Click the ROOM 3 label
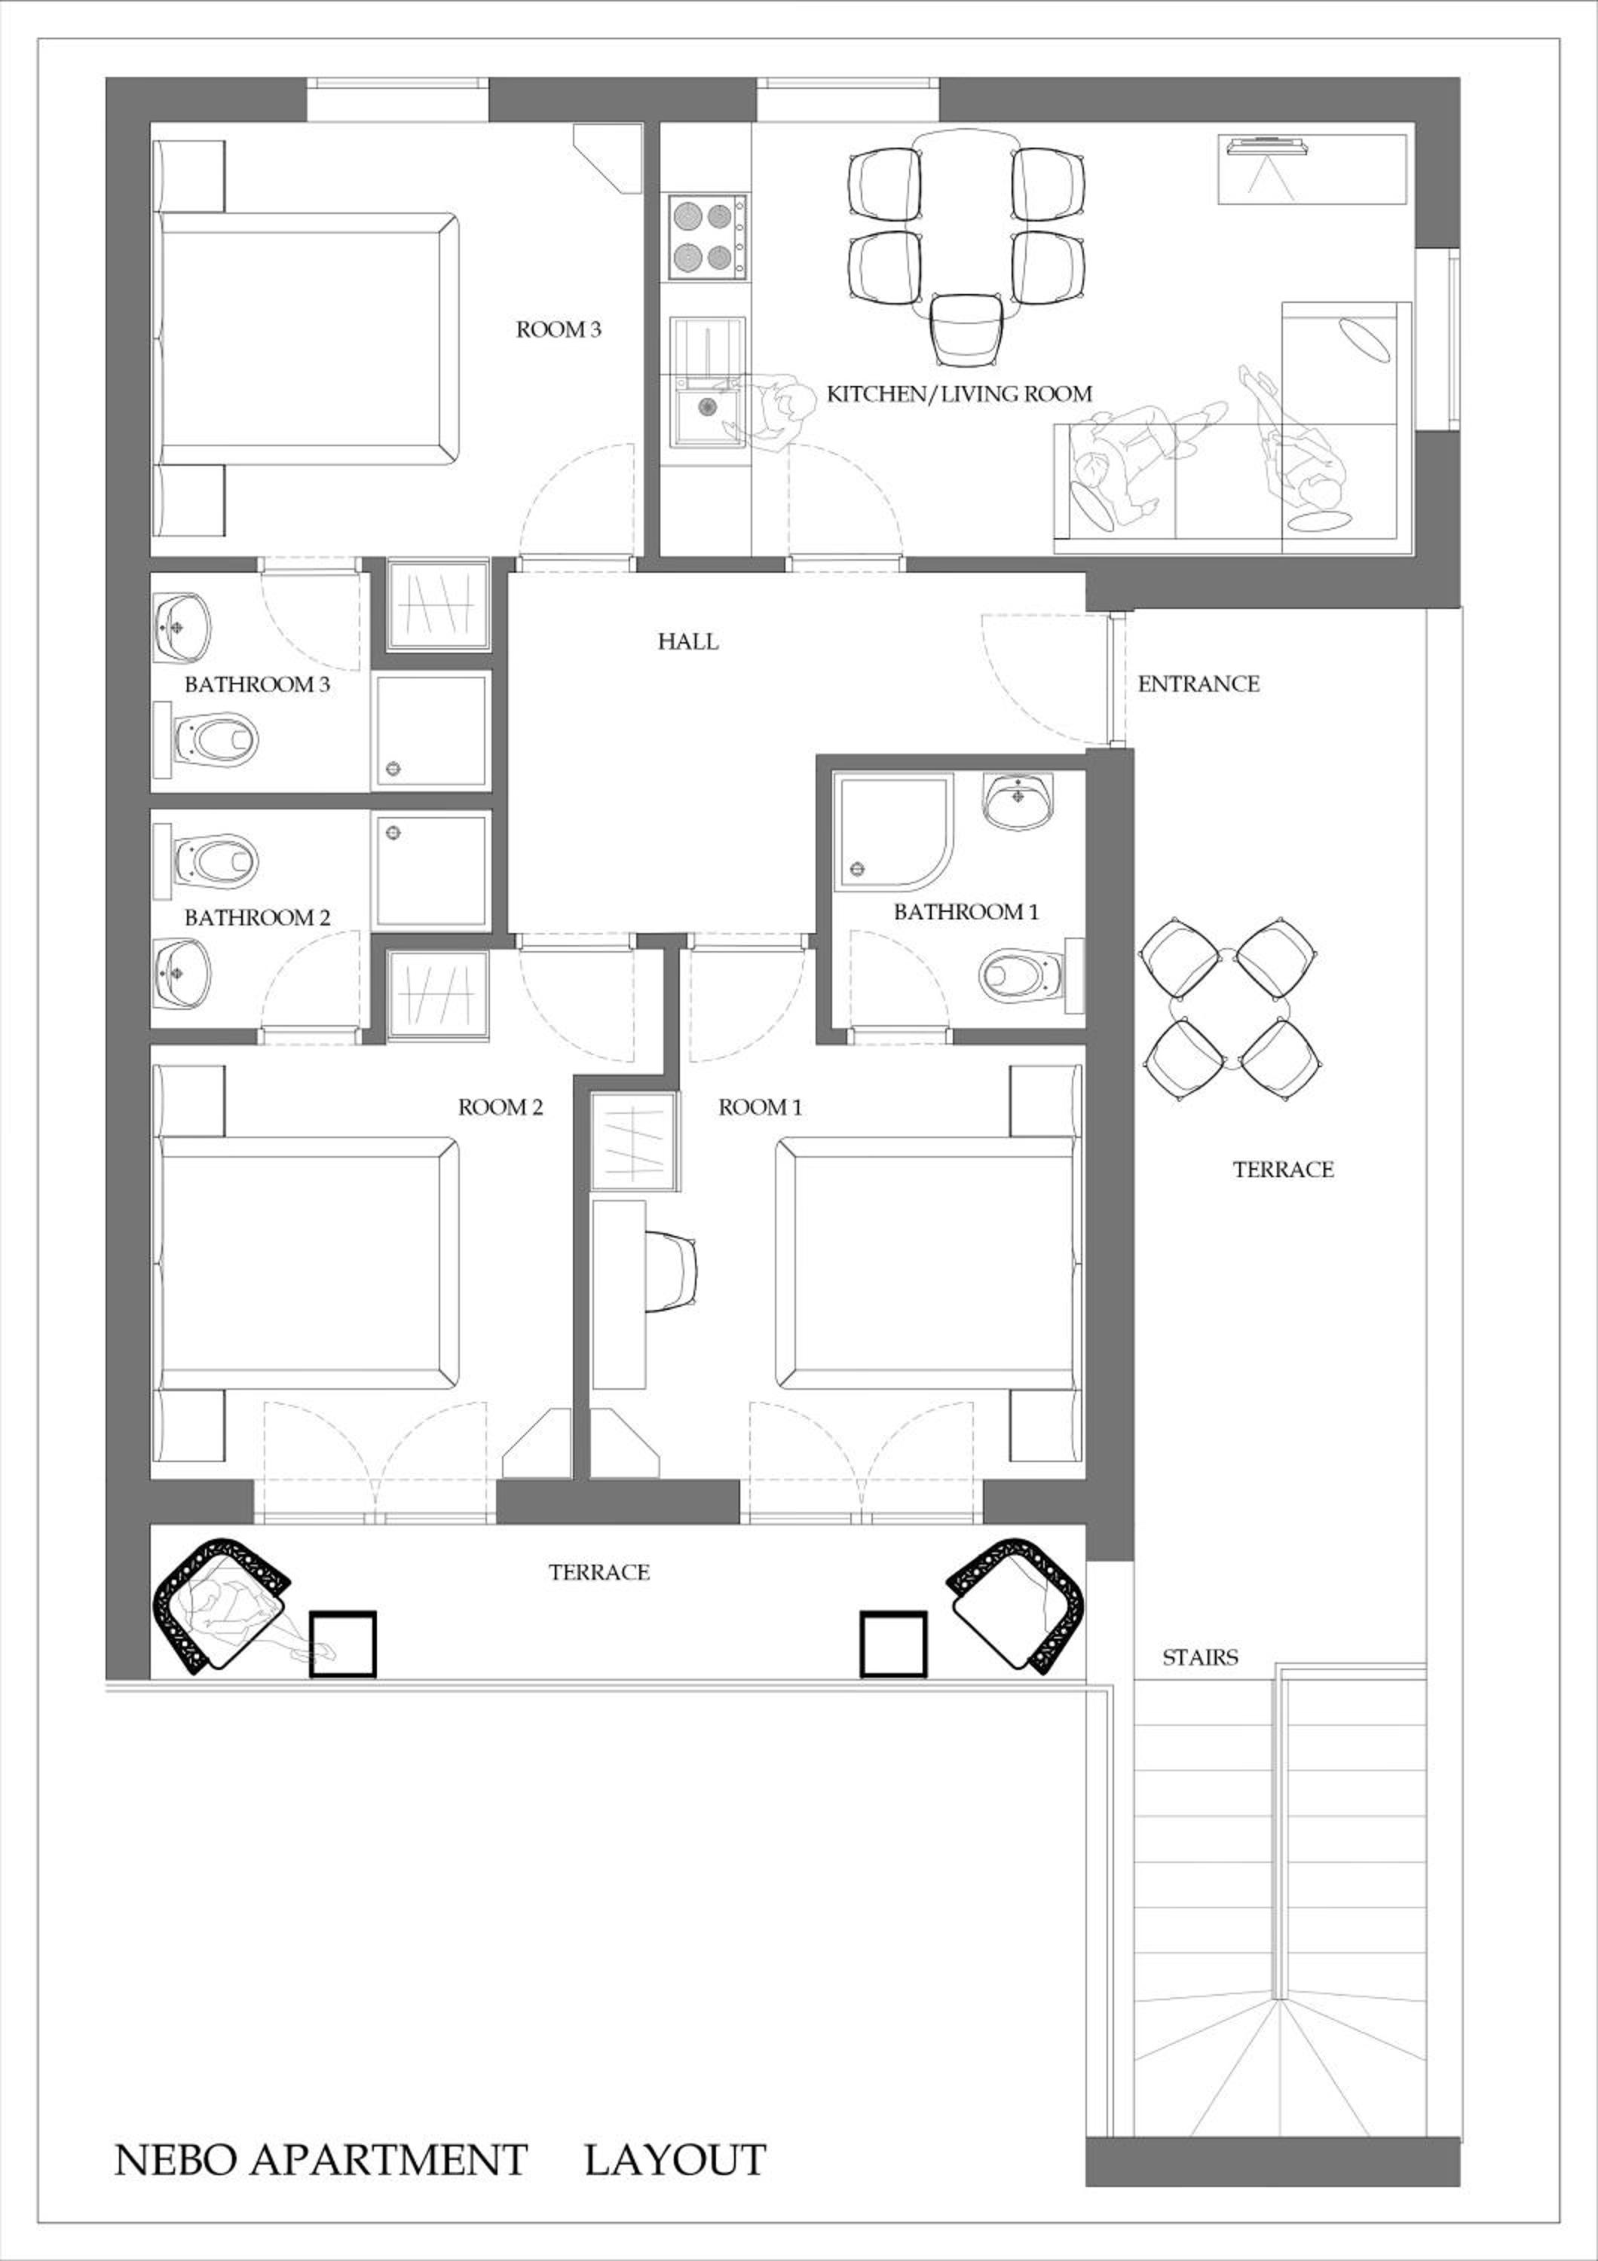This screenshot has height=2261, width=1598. coord(559,330)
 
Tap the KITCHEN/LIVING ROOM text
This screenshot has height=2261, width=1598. coord(959,394)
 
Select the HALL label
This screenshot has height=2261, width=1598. coord(688,642)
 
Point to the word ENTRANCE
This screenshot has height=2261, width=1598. coord(1198,684)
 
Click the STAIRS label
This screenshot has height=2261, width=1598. coord(1200,1657)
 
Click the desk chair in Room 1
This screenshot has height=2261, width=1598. coord(675,1271)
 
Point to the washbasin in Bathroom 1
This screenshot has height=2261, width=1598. coord(1018,800)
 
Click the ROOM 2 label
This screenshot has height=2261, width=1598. coord(501,1108)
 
